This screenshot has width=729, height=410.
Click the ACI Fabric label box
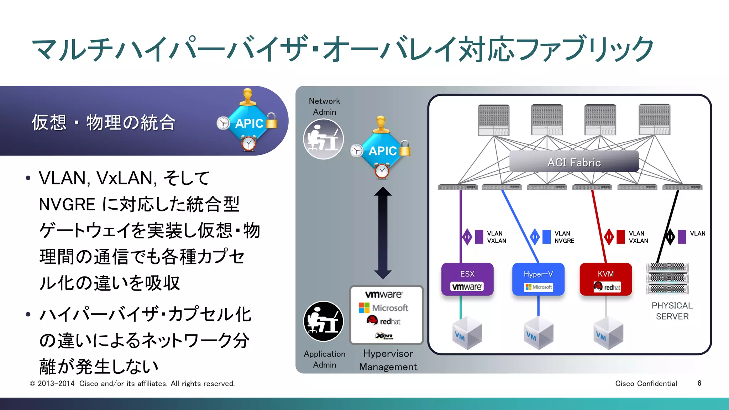click(574, 162)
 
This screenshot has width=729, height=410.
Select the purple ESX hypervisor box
click(467, 279)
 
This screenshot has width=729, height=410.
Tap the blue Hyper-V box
click(538, 279)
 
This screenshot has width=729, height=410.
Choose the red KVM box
click(605, 279)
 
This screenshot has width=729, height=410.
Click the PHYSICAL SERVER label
click(672, 311)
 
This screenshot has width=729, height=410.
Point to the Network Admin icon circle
click(323, 139)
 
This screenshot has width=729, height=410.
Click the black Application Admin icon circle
click(323, 321)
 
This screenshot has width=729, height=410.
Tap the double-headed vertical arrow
click(383, 233)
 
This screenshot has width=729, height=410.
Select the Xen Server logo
click(384, 336)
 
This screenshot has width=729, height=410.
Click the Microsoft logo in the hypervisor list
click(384, 308)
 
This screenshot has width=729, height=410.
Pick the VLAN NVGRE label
click(564, 237)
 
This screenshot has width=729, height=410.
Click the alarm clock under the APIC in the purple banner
click(248, 144)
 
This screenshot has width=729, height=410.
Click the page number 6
click(699, 383)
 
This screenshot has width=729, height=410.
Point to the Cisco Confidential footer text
click(646, 384)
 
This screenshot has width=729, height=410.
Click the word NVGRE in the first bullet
click(67, 205)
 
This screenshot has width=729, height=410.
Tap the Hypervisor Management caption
click(388, 360)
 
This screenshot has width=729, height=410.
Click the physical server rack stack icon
click(667, 279)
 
